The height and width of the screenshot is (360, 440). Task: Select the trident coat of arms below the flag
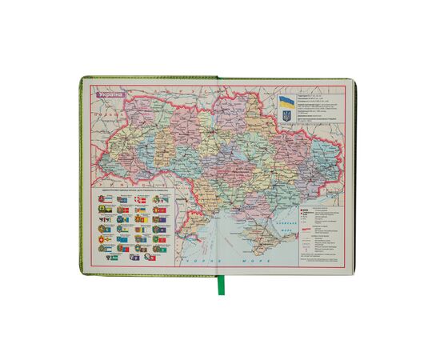(x=286, y=117)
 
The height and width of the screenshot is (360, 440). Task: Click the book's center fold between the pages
(x=218, y=176)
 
